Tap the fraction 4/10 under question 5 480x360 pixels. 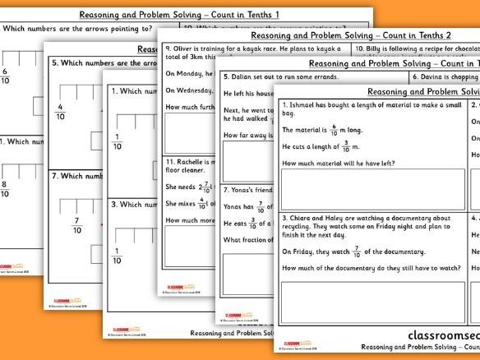pyautogui.click(x=60, y=111)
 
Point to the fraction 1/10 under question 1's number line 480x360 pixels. pyautogui.click(x=118, y=141)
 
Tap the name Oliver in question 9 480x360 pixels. pyautogui.click(x=182, y=48)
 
